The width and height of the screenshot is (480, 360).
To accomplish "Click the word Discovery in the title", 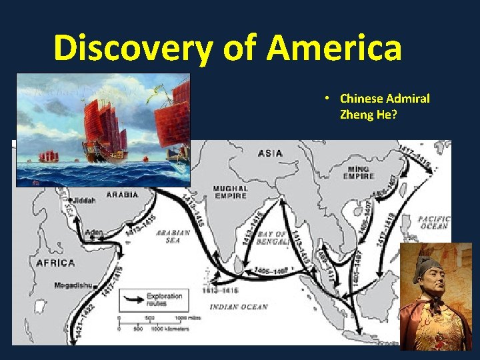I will coord(134,49).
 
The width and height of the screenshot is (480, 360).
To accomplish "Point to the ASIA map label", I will coord(270,153).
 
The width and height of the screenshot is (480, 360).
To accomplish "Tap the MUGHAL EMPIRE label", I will coord(230,193).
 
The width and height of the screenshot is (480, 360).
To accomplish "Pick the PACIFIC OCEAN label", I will coord(434,223).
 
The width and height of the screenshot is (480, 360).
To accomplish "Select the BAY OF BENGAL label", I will coord(273,237).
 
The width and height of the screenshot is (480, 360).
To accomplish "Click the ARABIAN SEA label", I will coord(173,236).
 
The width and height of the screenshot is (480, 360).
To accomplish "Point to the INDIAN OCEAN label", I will coord(238,307).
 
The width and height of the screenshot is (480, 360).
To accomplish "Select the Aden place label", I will coord(94,233).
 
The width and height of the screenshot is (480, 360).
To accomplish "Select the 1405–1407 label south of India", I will coord(271,271).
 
